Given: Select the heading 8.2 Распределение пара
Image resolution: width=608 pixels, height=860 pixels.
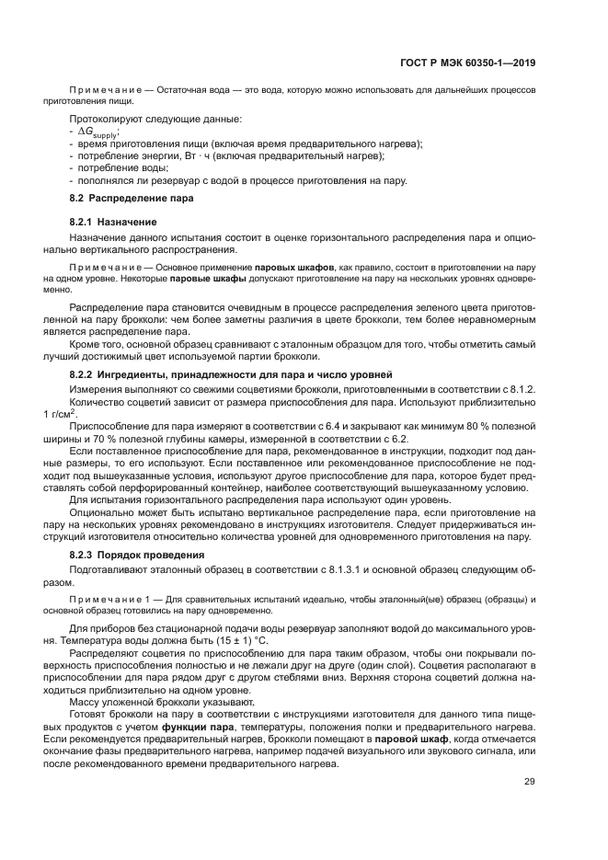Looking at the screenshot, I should coord(123,199).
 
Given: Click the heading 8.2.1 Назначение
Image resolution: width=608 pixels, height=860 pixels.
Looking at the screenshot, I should coord(113,223).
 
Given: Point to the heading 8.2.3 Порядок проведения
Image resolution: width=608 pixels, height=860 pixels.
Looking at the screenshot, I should coord(137,555).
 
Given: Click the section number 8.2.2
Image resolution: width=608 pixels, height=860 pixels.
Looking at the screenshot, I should coord(86,373).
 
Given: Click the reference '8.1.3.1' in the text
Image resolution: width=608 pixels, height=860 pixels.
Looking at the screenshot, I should coord(311,570).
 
